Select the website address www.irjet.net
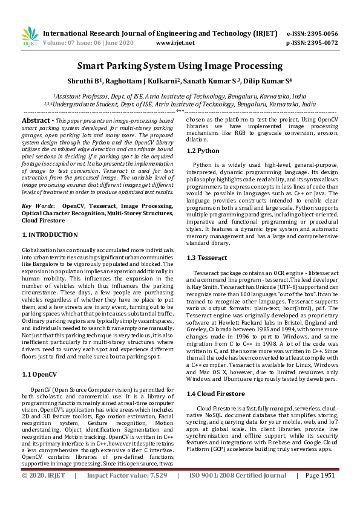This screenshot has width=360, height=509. click(x=175, y=43)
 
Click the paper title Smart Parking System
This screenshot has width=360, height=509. click(x=180, y=66)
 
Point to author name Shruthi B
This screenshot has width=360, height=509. click(x=99, y=81)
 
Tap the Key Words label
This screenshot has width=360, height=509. click(x=36, y=206)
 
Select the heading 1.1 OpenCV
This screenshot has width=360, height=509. click(x=39, y=357)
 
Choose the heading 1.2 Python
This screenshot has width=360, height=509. click(x=203, y=151)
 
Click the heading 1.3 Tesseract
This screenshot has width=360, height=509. click(x=207, y=258)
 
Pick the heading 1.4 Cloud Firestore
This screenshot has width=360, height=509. click(x=216, y=377)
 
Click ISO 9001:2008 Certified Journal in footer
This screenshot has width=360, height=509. click(x=238, y=492)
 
